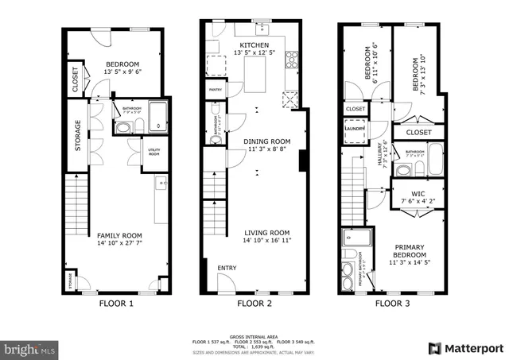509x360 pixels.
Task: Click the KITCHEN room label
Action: [254, 45]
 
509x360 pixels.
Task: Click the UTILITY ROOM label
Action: [154, 152]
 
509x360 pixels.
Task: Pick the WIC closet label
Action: [418, 193]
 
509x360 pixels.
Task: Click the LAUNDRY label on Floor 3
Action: [354, 127]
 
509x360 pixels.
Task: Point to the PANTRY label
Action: [215, 91]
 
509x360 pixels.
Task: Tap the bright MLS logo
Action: [30, 348]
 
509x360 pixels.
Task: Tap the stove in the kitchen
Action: [292, 60]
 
